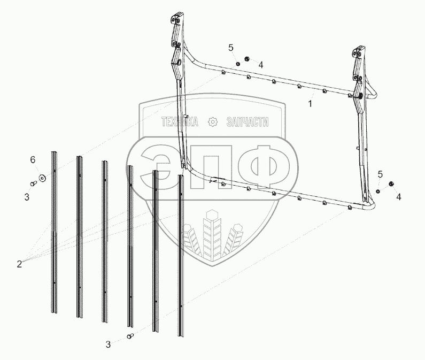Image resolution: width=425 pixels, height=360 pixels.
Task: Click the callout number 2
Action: click(19, 263)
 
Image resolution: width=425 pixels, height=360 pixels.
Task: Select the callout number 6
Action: click(33, 160)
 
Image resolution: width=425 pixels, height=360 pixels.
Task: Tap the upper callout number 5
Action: click(231, 48)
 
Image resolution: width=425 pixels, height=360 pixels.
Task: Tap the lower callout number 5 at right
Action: click(380, 174)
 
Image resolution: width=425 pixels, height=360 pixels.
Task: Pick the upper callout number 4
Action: click(260, 65)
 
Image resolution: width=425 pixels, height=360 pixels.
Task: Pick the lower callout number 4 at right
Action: click(398, 197)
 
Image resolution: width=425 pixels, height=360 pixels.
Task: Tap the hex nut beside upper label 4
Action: click(248, 58)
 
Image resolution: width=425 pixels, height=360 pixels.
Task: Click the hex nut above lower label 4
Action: click(390, 184)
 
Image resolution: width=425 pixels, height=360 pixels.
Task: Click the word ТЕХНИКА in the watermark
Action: click(180, 123)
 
